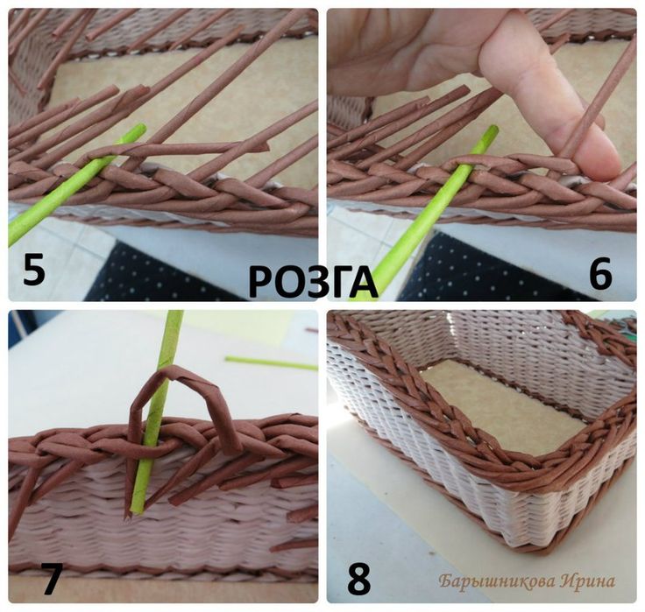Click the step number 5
(x=33, y=269)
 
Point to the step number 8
(x=358, y=579)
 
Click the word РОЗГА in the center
(x=314, y=282)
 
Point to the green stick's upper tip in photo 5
(x=141, y=128)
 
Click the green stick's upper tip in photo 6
(x=493, y=130)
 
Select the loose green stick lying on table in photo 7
(x=272, y=363)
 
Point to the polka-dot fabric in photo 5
(x=156, y=273)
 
